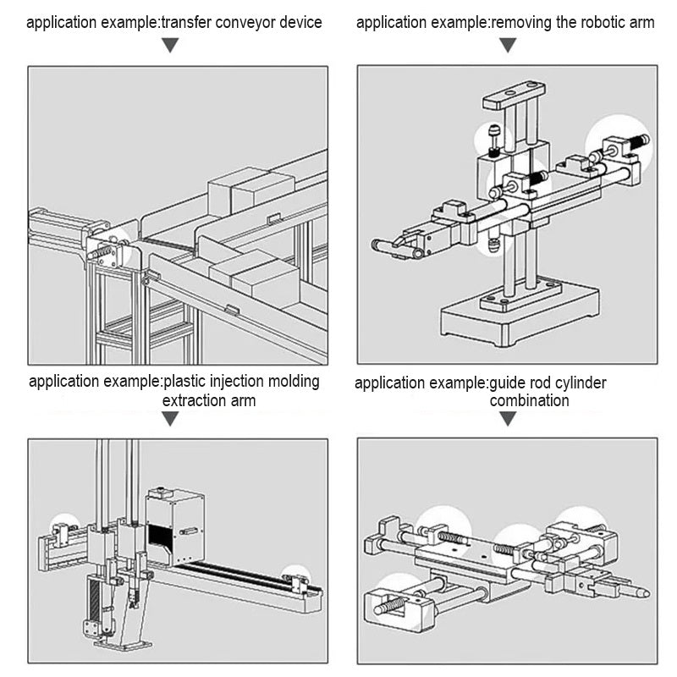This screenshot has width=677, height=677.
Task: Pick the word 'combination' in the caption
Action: [x=529, y=401]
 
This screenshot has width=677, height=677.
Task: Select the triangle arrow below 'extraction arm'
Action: [x=171, y=419]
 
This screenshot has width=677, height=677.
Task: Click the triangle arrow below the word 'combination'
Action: [x=507, y=419]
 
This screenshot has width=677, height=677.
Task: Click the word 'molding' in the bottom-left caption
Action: [x=291, y=382]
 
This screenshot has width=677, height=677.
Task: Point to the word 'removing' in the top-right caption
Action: [x=522, y=22]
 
